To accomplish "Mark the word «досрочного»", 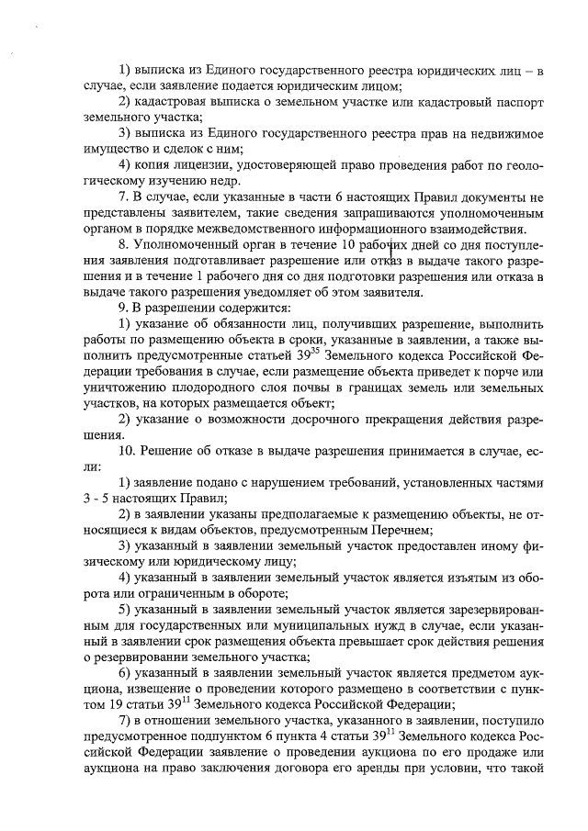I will (x=320, y=421).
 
